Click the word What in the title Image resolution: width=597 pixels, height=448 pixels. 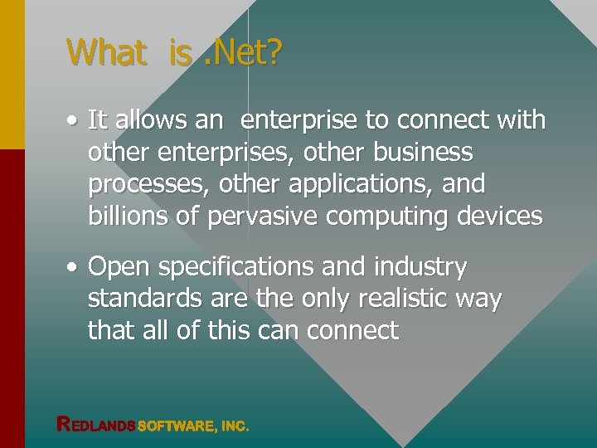point(106,52)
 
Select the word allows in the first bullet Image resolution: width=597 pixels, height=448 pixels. point(150,120)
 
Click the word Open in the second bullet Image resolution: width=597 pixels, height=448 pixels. point(115,268)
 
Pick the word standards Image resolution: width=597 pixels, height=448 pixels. point(137,299)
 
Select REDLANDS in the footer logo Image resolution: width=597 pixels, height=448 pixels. point(95,425)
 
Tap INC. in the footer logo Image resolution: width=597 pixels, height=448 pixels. point(234,426)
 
